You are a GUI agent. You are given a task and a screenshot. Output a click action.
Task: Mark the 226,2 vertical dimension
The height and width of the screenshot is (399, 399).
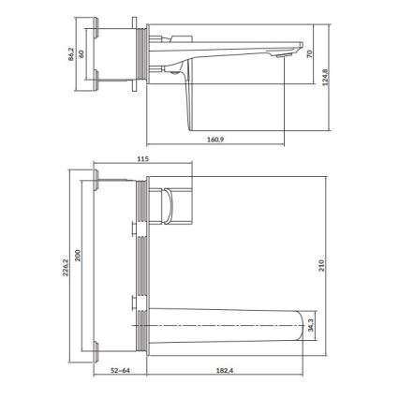pos(66,268)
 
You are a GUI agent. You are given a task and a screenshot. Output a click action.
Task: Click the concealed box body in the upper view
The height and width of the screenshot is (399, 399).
pos(117,53)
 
